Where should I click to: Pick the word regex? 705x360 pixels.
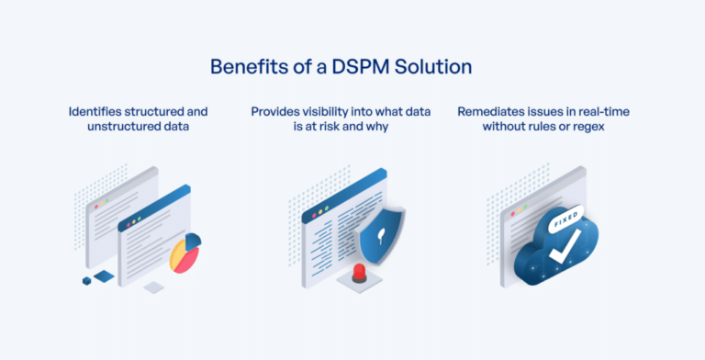(595, 127)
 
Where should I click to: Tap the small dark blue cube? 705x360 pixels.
(87, 280)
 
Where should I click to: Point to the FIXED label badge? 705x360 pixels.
(563, 220)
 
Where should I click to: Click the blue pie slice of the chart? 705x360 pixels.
(192, 242)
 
